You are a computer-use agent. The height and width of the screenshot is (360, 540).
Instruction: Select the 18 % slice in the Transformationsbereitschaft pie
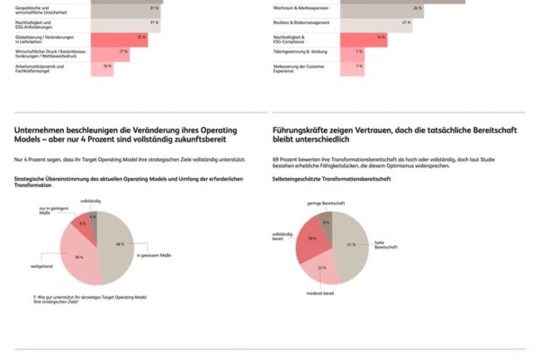coord(310,239)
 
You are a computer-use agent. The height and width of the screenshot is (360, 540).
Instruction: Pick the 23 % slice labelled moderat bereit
coord(322,267)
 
